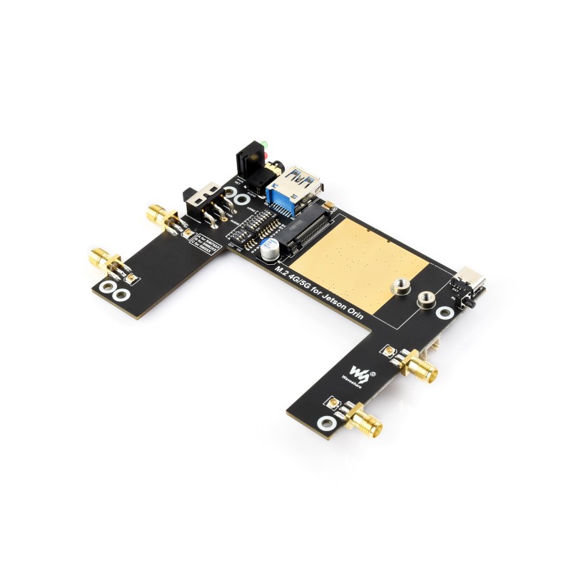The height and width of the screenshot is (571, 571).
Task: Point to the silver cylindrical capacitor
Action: pyautogui.click(x=269, y=249)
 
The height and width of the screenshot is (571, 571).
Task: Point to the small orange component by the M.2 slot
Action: pyautogui.click(x=330, y=207)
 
